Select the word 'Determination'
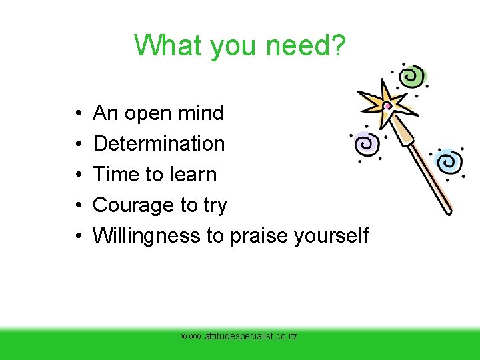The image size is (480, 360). point(159,143)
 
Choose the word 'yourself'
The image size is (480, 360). point(325,235)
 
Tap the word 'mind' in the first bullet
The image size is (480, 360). point(201,113)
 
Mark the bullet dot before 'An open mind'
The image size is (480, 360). point(79,113)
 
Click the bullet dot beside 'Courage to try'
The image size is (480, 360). point(79,205)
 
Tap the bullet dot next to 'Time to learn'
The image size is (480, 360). point(79,175)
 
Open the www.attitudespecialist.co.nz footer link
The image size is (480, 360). point(239,337)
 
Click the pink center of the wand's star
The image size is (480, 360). point(387,105)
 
